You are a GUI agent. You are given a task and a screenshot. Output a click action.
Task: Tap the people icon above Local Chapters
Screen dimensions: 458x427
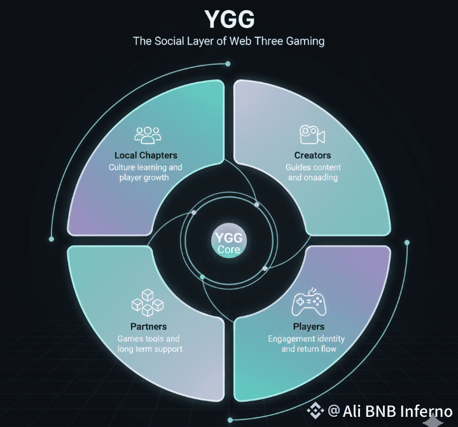(148, 135)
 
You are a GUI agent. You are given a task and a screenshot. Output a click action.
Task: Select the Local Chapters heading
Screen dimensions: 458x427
(146, 155)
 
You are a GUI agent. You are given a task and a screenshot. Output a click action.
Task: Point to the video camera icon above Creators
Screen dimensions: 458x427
(312, 135)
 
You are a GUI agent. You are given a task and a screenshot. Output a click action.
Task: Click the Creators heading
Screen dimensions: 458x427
(312, 155)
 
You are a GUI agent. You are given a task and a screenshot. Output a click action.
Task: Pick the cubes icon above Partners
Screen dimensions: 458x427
(148, 302)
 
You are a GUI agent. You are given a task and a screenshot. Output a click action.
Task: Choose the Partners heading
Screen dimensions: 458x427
(148, 327)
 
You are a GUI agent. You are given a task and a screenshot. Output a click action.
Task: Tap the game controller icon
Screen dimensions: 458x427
(309, 304)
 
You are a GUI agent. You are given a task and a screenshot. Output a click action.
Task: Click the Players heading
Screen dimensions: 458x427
(309, 327)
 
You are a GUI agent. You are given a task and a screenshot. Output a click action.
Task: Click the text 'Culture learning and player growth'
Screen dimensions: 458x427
(145, 172)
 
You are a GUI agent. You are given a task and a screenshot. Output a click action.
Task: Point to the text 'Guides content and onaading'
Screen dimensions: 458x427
(313, 172)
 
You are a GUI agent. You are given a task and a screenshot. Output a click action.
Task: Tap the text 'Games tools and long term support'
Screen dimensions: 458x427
(149, 344)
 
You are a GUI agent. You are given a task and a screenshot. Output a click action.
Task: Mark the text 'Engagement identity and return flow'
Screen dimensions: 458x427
(309, 344)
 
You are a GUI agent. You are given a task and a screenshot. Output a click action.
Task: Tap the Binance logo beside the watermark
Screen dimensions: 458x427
(316, 411)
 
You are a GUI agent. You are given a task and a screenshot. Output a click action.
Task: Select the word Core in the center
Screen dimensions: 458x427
(228, 250)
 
